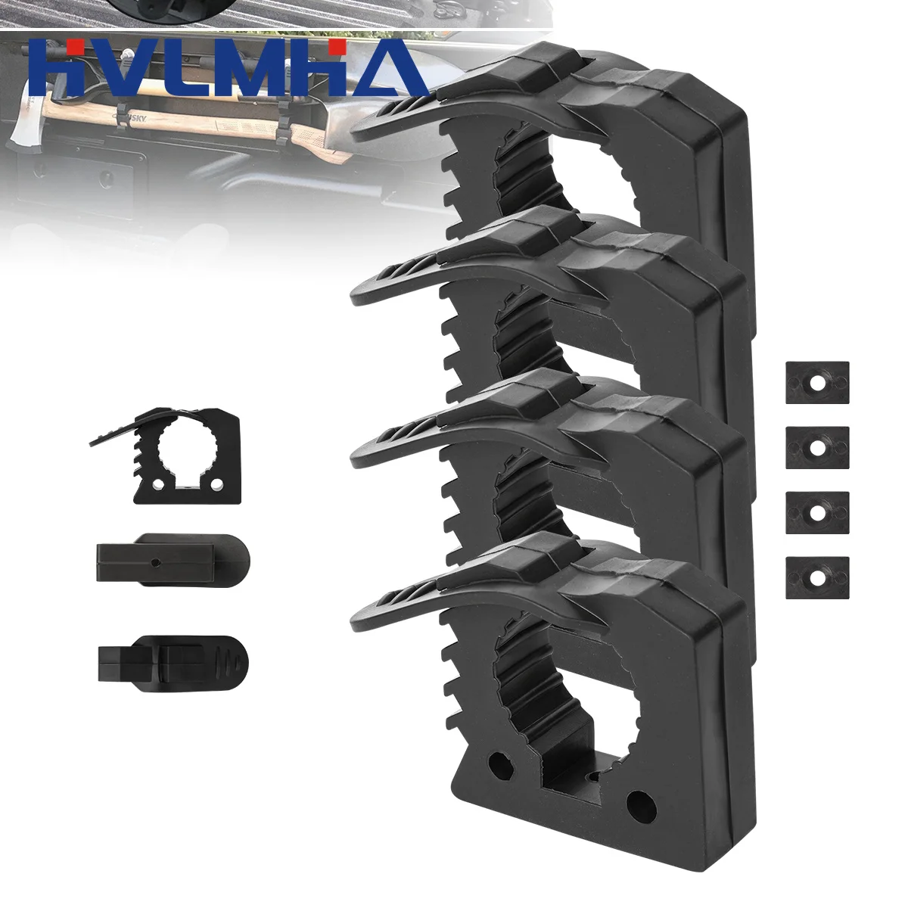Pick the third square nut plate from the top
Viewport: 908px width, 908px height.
click(817, 514)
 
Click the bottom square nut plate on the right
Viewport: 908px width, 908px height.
click(817, 579)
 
